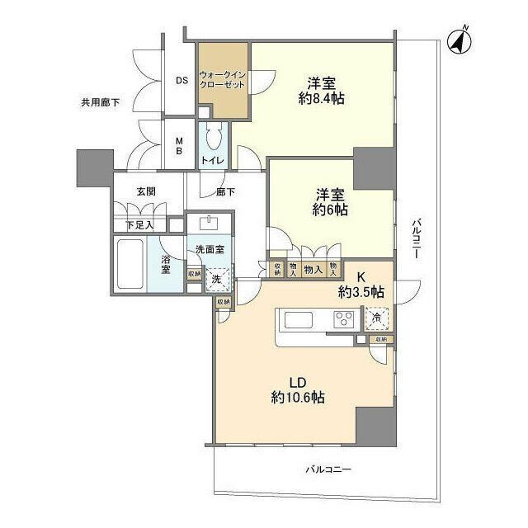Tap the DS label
(x=181, y=80)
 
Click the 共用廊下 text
(x=100, y=102)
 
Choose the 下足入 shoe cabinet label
(x=139, y=224)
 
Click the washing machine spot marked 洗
(x=216, y=279)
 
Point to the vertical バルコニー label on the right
(x=417, y=238)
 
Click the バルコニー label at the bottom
(x=328, y=469)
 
